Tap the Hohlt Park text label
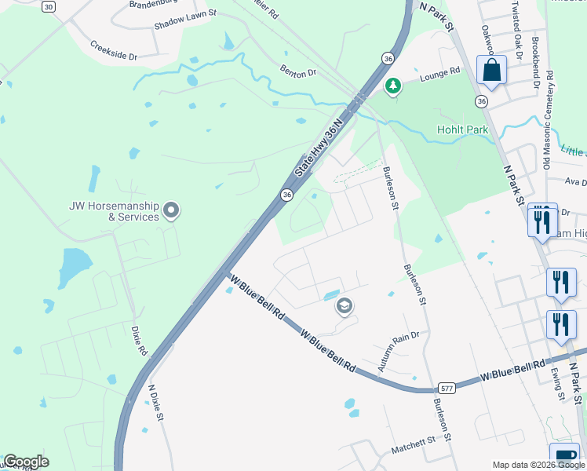(463, 130)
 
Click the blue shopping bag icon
(491, 71)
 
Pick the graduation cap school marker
(344, 306)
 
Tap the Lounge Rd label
(439, 73)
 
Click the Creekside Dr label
(113, 51)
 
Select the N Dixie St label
(155, 403)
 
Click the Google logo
(26, 462)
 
